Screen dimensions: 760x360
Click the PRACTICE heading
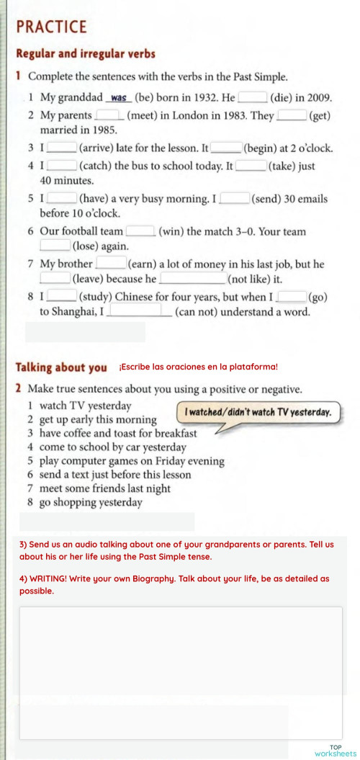[51, 27]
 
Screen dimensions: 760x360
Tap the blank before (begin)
[226, 148]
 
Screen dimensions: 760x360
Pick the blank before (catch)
[62, 166]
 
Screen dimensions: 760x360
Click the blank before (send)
[235, 198]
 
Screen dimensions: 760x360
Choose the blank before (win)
[140, 231]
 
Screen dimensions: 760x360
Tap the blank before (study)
[62, 296]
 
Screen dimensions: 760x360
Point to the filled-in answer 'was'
[120, 98]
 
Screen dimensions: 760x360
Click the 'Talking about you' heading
[61, 367]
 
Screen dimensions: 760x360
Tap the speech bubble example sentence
[258, 413]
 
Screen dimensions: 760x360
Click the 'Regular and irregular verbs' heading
[86, 54]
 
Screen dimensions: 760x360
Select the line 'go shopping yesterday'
[91, 502]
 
